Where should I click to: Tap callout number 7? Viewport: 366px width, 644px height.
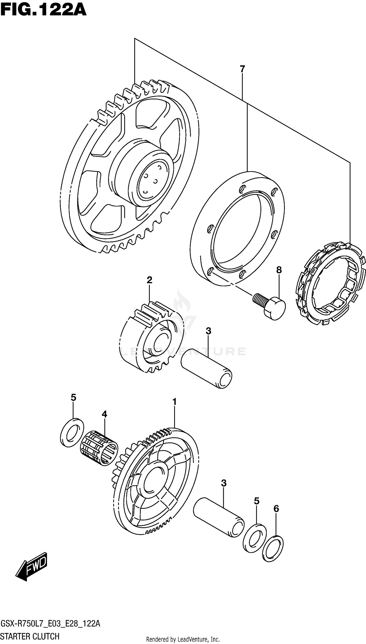242,69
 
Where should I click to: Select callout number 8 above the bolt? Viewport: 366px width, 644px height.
279,270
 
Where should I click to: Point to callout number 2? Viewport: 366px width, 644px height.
149,280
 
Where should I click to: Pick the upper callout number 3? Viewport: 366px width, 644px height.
208,331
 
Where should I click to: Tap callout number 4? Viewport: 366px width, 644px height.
104,414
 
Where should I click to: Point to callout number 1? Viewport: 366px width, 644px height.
174,402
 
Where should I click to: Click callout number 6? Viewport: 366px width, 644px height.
276,509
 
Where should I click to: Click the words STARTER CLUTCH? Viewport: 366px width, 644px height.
30,636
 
